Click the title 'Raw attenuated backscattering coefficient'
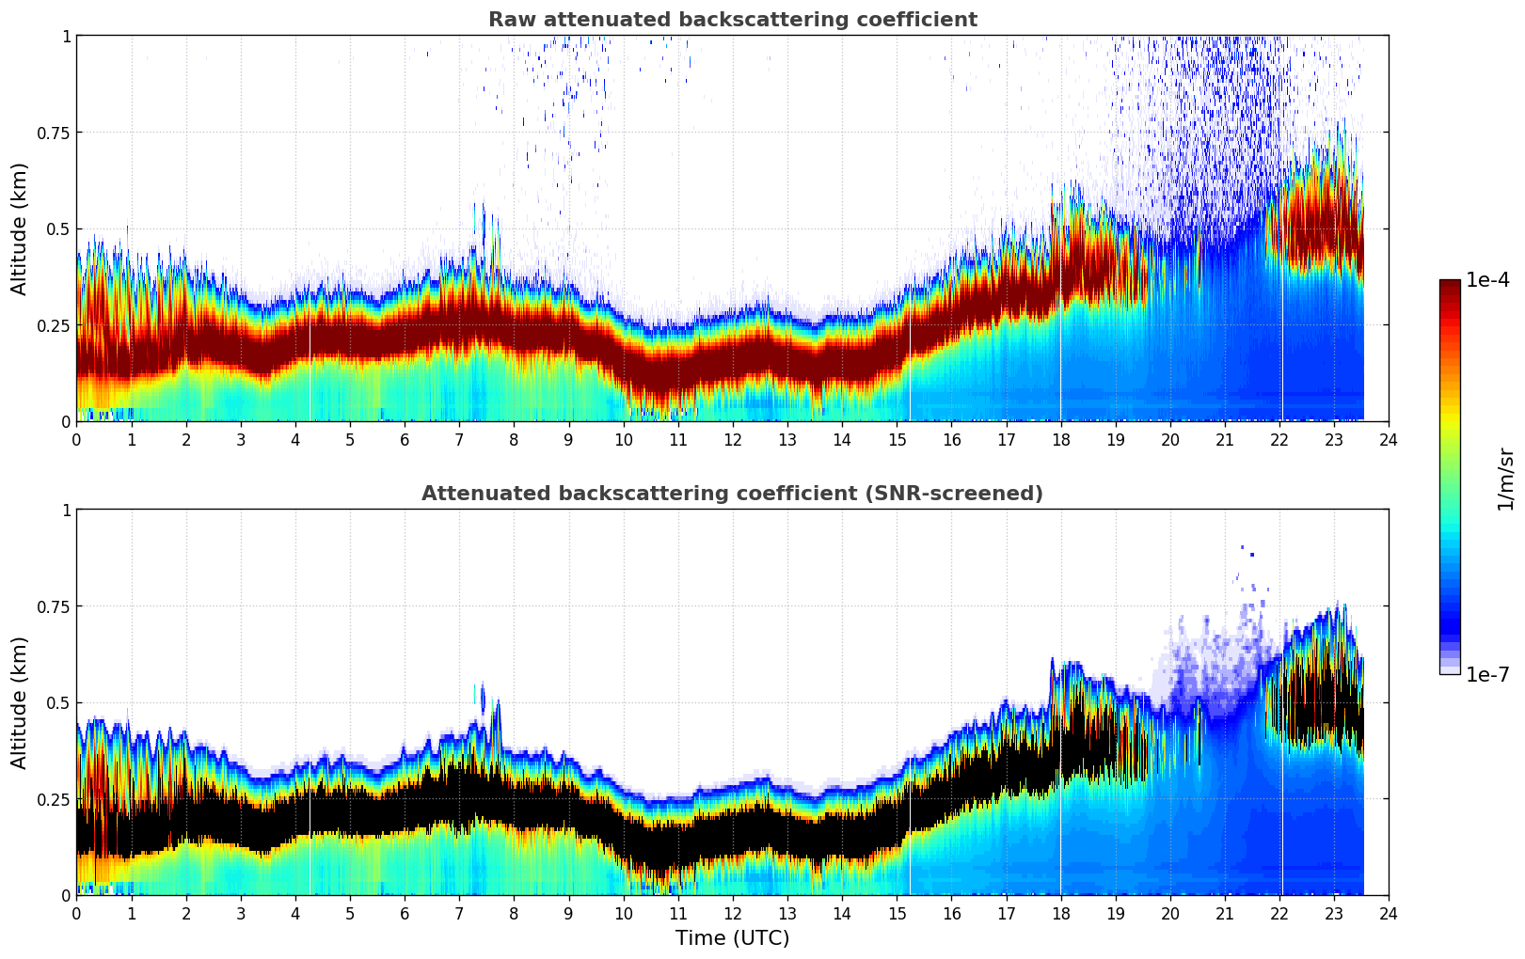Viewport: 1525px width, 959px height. [732, 20]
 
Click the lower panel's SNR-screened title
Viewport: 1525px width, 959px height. [732, 494]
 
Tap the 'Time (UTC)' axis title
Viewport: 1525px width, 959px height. [732, 938]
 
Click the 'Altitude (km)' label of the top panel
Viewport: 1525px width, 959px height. [20, 228]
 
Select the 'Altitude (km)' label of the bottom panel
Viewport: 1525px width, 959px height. [20, 702]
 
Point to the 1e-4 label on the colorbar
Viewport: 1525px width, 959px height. [1487, 280]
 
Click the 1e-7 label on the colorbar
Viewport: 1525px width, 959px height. [1487, 674]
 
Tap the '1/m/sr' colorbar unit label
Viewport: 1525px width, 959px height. [1505, 479]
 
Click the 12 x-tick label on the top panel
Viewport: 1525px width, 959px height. [732, 440]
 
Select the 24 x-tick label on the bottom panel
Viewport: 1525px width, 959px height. [1388, 914]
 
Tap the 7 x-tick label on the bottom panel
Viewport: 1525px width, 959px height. [459, 914]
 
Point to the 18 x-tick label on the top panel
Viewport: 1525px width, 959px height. [1060, 440]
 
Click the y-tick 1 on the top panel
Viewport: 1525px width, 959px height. [66, 36]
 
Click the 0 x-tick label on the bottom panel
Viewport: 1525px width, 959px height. [77, 914]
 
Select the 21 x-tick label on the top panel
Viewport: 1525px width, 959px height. [1224, 440]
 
